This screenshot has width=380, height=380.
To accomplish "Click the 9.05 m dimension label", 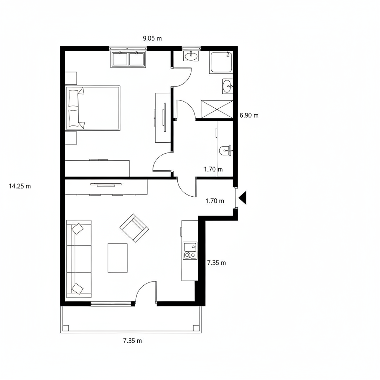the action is tap(152, 38).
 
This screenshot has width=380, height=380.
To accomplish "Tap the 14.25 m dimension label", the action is tap(20, 186).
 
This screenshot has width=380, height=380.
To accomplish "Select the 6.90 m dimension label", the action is tap(249, 115).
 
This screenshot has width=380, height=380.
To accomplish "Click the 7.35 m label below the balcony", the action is tap(132, 341).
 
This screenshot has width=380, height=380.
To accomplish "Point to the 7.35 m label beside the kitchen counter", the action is tap(216, 263).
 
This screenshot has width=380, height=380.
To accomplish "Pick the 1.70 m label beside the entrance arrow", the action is tap(215, 201).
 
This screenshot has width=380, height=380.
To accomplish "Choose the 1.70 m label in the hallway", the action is tap(213, 169).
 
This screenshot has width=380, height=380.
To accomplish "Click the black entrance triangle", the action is tap(243, 197).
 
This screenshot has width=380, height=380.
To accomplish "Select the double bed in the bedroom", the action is tap(93, 108).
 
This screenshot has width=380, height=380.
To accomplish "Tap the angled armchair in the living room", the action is tap(134, 228).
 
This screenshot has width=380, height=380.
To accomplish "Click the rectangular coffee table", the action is tap(118, 258).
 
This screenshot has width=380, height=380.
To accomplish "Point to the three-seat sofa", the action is tap(79, 259).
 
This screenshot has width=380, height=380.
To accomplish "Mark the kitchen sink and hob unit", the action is tap(190, 250).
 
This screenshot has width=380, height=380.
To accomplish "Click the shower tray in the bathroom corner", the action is tap(221, 62).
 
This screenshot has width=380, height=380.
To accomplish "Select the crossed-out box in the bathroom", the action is tap(217, 109).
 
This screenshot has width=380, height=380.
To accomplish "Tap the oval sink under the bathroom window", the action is tap(191, 56).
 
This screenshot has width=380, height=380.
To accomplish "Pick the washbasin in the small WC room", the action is tap(225, 151).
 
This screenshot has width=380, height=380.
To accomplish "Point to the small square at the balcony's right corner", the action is tap(196, 328).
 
